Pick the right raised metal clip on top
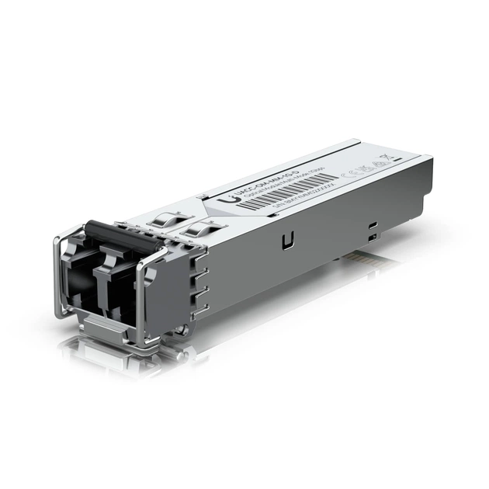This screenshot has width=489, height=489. click(203, 229)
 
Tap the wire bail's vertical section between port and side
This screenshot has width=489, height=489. click(140, 299)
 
